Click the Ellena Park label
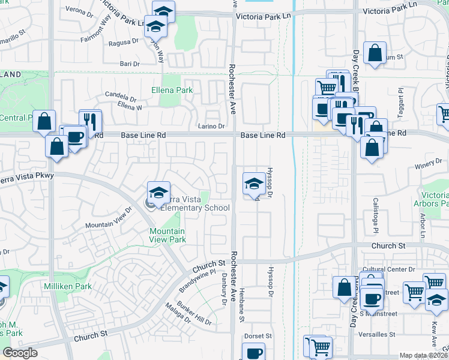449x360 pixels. point(171,91)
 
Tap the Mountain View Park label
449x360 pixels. point(167,235)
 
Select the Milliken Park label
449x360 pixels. point(68,287)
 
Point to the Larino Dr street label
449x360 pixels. point(211,126)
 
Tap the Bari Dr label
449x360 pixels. point(130,63)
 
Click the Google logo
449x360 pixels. point(20,353)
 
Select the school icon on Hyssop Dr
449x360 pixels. point(253,185)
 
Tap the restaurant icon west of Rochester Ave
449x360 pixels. point(90,121)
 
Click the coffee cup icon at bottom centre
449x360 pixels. point(253,353)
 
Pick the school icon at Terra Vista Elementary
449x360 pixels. point(159,193)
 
